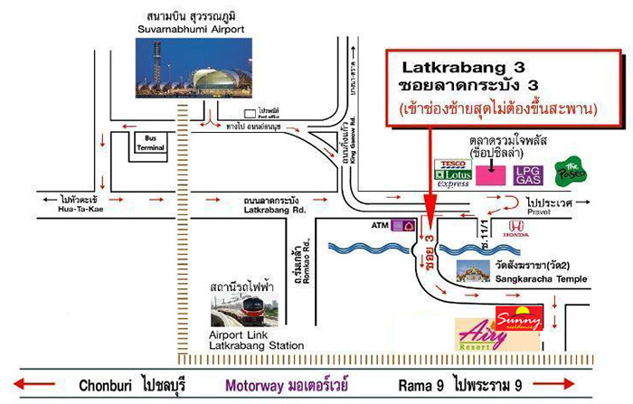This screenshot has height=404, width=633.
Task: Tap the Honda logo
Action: (x=516, y=228)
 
